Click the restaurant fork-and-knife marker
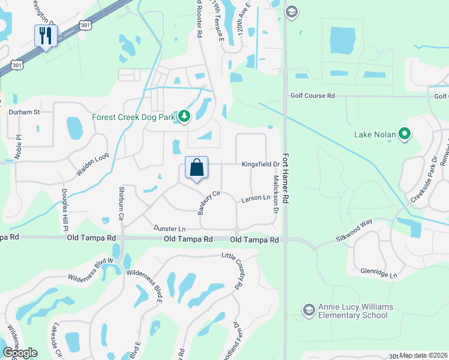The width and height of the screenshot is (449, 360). [x=46, y=35]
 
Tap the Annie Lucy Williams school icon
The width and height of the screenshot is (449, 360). [x=309, y=310]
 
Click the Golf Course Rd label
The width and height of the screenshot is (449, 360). [x=312, y=96]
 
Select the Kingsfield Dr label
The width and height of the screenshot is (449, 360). [x=261, y=164]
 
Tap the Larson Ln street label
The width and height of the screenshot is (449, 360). [x=255, y=197]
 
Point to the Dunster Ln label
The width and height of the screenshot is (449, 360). [x=169, y=229]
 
